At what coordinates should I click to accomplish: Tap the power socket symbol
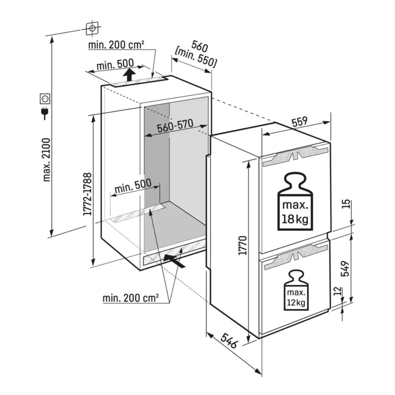point(45,98)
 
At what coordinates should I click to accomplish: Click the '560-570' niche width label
point(174,126)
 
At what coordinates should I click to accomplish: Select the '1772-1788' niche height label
point(87,194)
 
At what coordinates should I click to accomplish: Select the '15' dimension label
point(348,204)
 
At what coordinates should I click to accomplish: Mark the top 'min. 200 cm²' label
point(116,45)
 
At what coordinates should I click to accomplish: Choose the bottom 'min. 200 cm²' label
point(131,298)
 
